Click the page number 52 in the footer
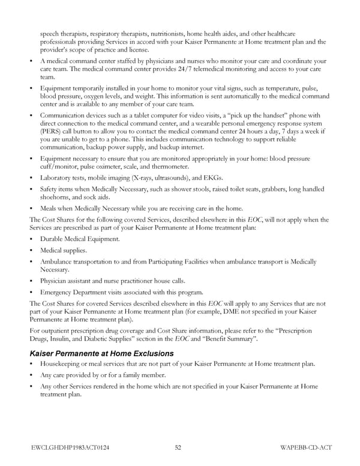pyautogui.click(x=178, y=447)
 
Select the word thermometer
pyautogui.click(x=172, y=166)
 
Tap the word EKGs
pyautogui.click(x=212, y=178)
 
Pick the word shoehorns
pyautogui.click(x=57, y=198)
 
